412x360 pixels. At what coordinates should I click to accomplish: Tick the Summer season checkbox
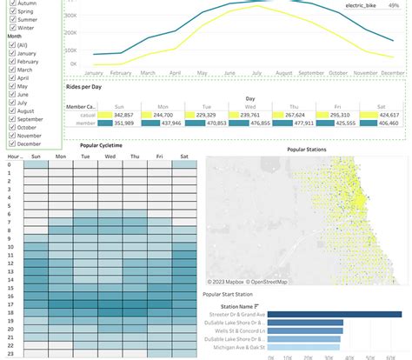coord(9,19)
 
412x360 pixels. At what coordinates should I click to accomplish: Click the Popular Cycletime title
coord(103,146)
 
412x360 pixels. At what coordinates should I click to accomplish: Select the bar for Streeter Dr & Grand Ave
coord(336,315)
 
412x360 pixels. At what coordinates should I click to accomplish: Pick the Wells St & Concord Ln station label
coord(233,330)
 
